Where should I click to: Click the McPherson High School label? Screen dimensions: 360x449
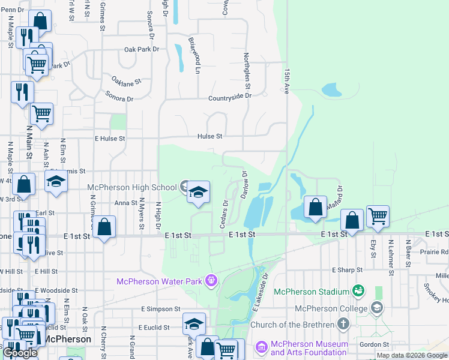[x=132, y=187]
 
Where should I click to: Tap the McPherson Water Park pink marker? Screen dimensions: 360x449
[x=211, y=280]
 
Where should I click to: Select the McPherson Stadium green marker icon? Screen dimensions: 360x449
[x=359, y=291]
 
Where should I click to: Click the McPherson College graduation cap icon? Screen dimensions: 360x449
[x=376, y=308]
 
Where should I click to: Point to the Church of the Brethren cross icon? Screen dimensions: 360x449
[x=343, y=325]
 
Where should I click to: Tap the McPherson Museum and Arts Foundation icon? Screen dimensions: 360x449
[x=261, y=347]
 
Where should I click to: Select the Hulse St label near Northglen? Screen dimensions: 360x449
[x=210, y=137]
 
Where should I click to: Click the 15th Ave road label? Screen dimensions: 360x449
[x=287, y=80]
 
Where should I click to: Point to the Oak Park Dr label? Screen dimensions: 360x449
[x=140, y=50]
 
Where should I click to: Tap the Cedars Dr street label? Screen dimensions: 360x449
[x=224, y=214]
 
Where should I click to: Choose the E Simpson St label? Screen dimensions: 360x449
[x=161, y=309]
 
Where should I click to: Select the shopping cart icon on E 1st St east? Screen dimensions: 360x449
[x=378, y=216]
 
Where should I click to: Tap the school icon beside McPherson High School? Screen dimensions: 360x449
[x=197, y=192]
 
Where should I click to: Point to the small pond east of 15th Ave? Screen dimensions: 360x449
[x=331, y=91]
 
